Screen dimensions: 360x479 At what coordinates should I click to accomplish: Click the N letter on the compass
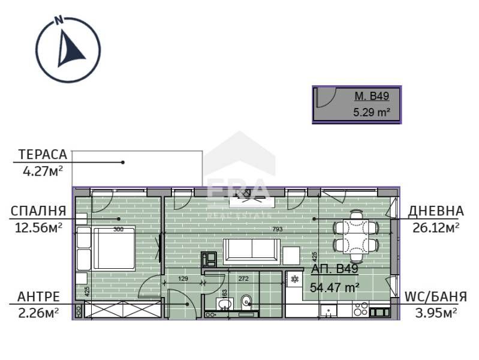point(58,19)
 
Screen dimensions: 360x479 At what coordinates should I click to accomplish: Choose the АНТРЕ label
point(38,296)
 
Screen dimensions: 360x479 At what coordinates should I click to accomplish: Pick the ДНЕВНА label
point(435,211)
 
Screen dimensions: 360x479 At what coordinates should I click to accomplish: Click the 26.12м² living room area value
point(436,227)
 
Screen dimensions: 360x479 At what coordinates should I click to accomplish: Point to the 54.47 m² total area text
point(335,287)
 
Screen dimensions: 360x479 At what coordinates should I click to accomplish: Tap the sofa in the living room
point(252,250)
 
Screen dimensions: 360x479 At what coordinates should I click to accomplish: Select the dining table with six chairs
point(356,233)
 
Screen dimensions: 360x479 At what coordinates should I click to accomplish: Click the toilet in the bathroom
point(246,303)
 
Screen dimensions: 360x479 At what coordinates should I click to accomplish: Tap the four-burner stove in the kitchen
point(360,310)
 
